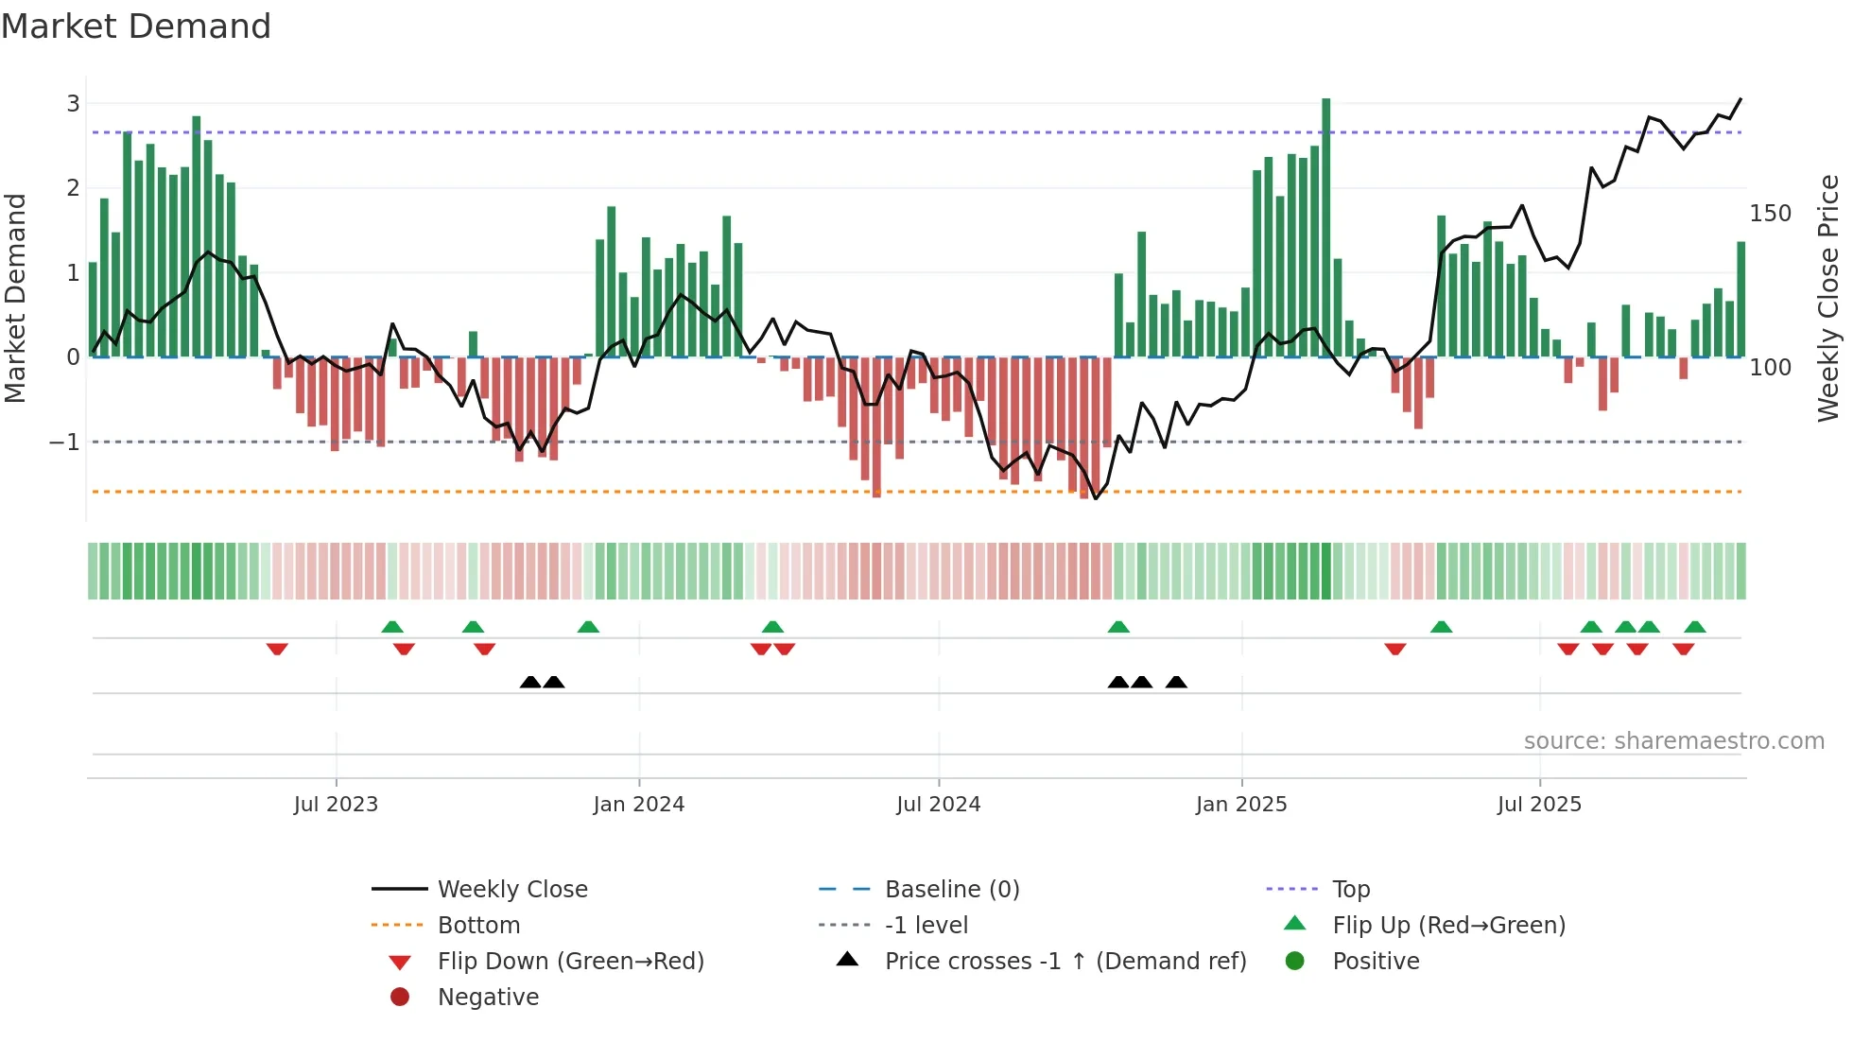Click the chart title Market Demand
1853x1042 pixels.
point(136,26)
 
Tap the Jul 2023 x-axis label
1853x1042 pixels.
point(336,805)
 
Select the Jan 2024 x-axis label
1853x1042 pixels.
point(638,805)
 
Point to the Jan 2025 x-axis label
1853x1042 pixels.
point(1240,805)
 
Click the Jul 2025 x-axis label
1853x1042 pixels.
point(1539,805)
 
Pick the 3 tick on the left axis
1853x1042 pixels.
point(73,104)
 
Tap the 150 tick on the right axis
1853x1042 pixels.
point(1770,214)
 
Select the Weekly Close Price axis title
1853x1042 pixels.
point(1828,298)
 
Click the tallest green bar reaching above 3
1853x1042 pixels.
point(1325,227)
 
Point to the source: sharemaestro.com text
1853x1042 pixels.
point(1673,741)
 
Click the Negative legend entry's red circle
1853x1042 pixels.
point(400,998)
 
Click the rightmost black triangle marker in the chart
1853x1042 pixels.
point(1176,683)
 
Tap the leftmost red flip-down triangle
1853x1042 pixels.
point(277,649)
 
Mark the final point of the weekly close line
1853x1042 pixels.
point(1740,98)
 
